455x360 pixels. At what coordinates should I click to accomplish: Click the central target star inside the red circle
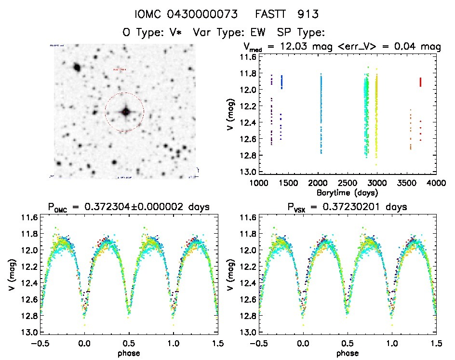(125, 112)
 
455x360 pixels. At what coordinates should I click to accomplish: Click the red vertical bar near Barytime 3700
(421, 82)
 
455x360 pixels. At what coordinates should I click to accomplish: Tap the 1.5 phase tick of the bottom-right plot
(436, 343)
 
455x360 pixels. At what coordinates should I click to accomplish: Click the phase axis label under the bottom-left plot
(129, 353)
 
